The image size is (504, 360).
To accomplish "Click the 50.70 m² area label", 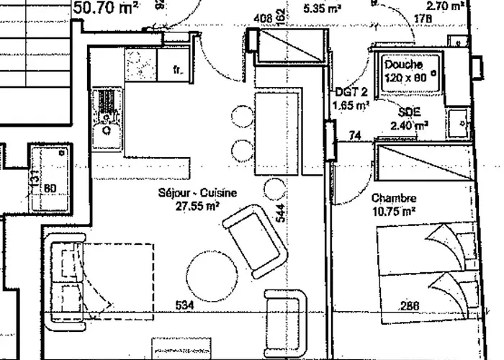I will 107,9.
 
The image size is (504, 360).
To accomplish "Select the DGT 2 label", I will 351,91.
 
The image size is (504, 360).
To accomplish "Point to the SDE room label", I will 410,112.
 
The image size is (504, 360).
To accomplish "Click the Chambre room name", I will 394,197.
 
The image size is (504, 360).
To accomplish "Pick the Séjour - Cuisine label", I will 189,193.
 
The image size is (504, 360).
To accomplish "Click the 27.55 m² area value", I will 191,205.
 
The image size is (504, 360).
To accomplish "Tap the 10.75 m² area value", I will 394,211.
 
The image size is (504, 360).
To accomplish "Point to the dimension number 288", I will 410,306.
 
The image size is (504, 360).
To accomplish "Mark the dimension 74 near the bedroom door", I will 354,135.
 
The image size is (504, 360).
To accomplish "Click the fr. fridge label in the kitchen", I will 179,70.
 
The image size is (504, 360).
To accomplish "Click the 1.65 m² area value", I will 351,105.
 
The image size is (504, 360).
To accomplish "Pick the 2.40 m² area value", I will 410,125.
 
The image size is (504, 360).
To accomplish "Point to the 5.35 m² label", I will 323,9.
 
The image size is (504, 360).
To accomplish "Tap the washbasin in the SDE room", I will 457,124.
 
